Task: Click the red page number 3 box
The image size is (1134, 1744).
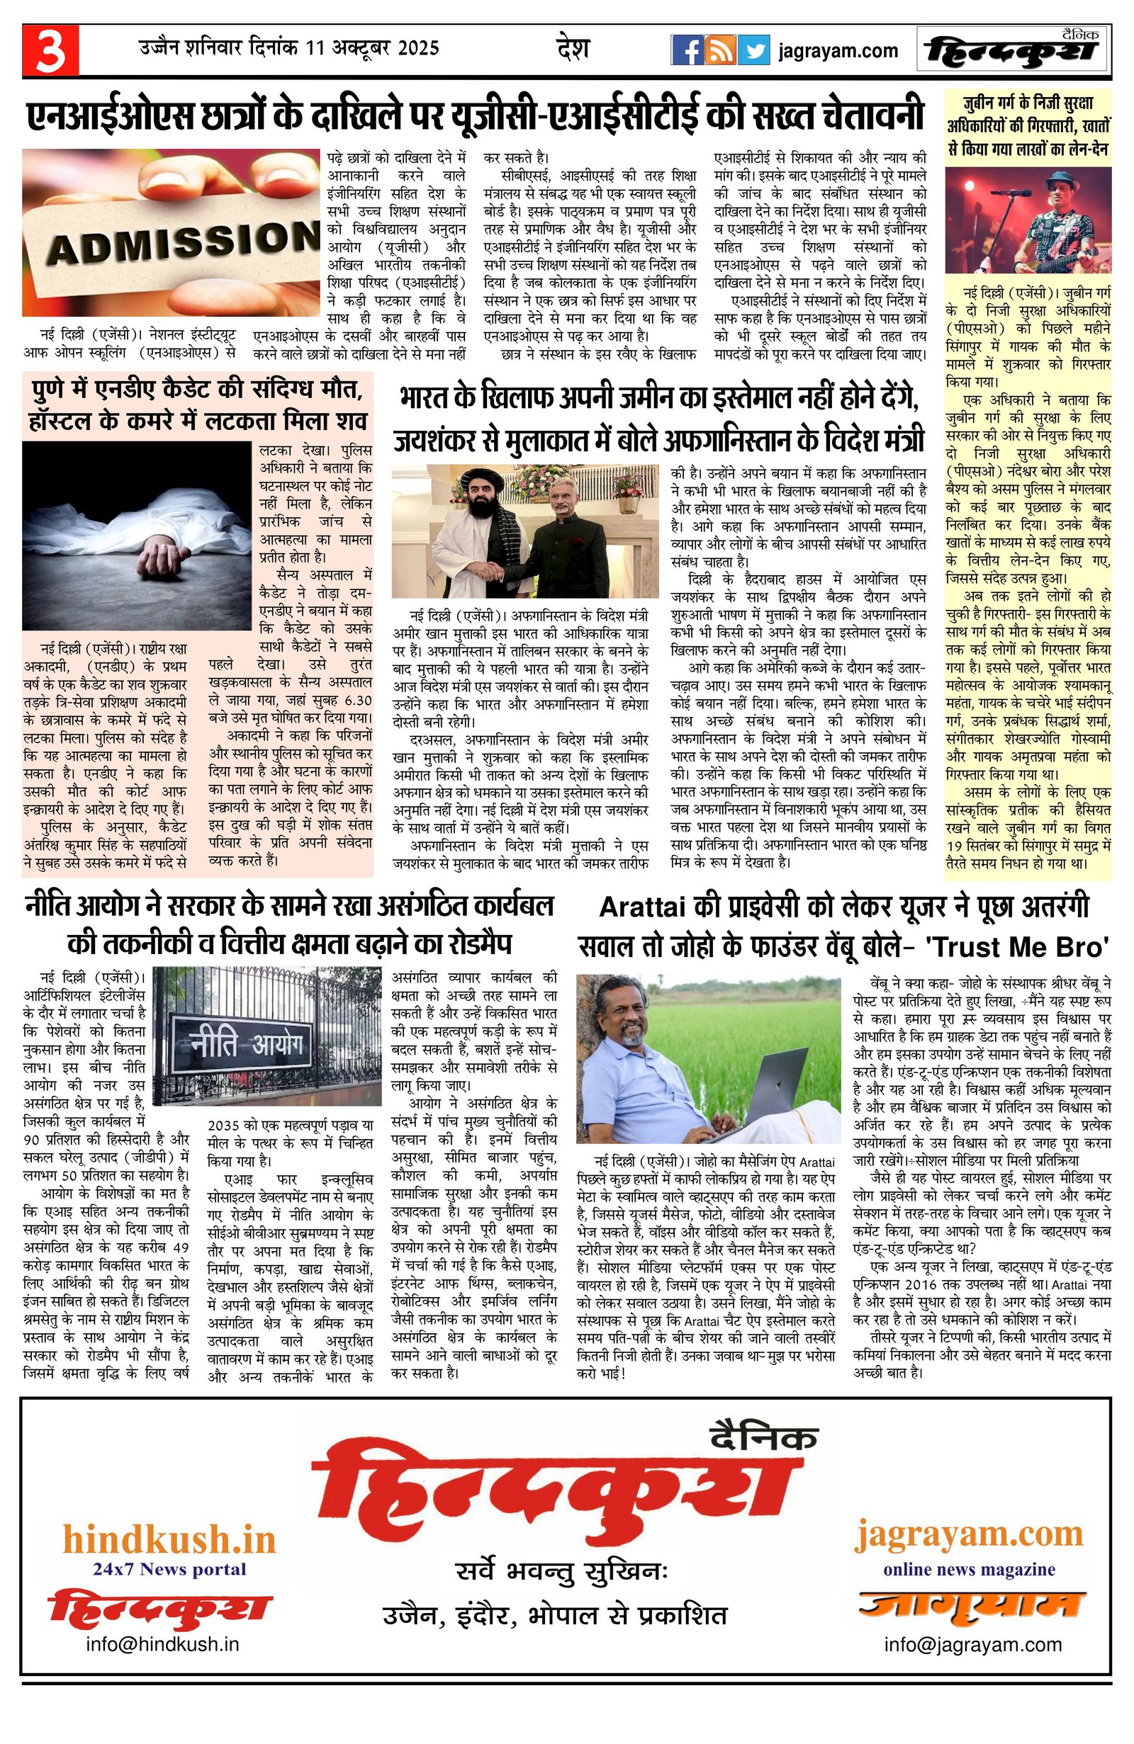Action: coord(50,50)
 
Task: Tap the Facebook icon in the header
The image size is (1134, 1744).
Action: coord(687,50)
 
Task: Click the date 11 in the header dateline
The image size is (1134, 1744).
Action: coord(315,48)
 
